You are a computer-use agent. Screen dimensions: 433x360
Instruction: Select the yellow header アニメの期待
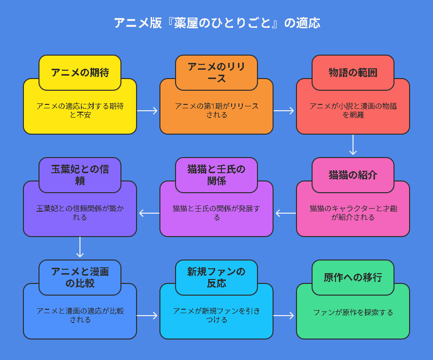click(x=80, y=73)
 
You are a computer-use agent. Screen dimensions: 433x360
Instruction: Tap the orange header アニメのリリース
click(x=216, y=73)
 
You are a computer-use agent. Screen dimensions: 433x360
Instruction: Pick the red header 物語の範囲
click(x=353, y=73)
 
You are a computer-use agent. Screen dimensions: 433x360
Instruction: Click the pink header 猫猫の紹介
click(x=353, y=175)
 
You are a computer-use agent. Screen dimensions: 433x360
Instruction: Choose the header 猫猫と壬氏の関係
click(x=216, y=175)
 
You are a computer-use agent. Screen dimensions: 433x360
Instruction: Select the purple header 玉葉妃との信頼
click(x=80, y=175)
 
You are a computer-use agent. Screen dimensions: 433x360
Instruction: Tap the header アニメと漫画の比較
click(x=80, y=278)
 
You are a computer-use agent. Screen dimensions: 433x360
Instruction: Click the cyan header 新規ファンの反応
click(x=216, y=278)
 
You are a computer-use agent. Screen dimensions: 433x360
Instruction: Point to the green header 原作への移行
click(x=353, y=278)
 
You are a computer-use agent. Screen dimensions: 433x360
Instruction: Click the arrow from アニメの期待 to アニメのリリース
click(x=147, y=111)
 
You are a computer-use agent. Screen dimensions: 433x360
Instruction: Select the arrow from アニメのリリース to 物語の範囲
click(x=284, y=111)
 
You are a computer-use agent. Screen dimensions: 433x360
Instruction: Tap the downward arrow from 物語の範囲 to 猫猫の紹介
click(x=353, y=145)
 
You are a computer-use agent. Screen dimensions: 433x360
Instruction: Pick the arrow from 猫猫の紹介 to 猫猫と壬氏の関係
click(x=286, y=213)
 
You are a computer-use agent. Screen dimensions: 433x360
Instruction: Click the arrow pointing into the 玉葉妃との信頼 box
click(x=149, y=213)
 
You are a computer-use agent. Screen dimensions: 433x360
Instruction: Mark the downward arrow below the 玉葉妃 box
click(x=80, y=247)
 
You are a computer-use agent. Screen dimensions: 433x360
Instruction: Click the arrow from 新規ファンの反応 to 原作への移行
click(x=284, y=316)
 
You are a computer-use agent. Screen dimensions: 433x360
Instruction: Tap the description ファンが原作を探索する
click(x=353, y=313)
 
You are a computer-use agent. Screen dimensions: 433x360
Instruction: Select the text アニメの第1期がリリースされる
click(x=216, y=111)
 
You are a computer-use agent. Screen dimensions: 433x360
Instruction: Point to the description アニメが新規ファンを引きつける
click(x=216, y=315)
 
